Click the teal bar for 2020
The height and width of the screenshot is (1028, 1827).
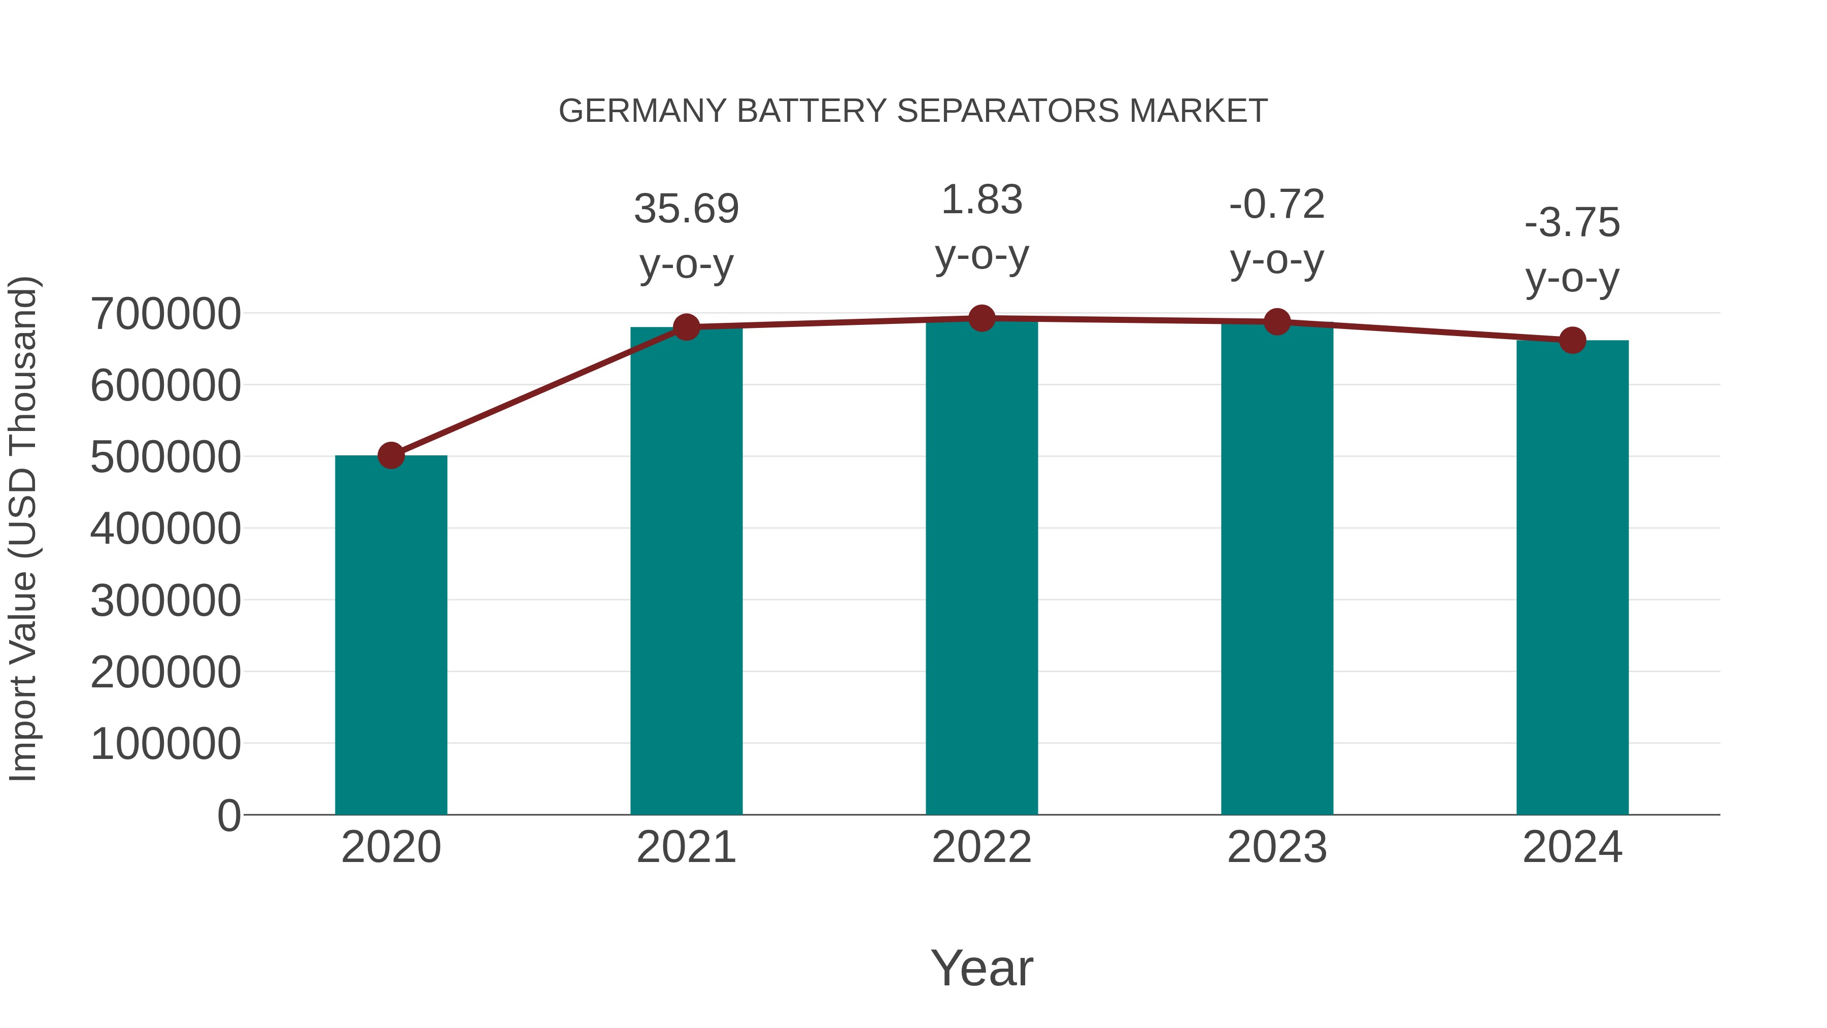(391, 635)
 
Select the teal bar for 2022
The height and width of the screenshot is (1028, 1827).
(982, 568)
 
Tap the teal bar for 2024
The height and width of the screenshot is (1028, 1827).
(1572, 578)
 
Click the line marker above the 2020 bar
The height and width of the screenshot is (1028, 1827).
(391, 455)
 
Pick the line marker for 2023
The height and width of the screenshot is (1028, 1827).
(1277, 322)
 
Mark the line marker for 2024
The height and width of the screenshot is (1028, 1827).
(1572, 341)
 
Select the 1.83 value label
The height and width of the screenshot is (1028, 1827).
(982, 200)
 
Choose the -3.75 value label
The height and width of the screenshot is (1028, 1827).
(1572, 223)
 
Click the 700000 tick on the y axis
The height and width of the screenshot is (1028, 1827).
(166, 314)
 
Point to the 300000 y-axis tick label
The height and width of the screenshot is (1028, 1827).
(166, 600)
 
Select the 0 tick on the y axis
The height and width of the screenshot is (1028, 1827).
(229, 815)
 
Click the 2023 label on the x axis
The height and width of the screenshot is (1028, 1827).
(1277, 847)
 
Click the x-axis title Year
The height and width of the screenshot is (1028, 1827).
(982, 968)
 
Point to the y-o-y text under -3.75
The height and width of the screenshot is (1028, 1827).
(1572, 278)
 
